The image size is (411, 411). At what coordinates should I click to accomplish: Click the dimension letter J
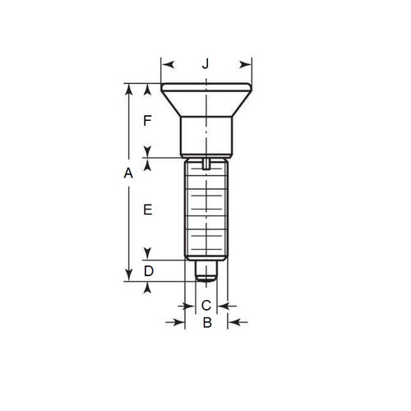(x=206, y=63)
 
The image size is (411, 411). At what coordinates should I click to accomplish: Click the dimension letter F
(x=148, y=121)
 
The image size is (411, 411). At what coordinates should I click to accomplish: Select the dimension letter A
(x=127, y=173)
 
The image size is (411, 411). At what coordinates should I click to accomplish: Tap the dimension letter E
(x=148, y=210)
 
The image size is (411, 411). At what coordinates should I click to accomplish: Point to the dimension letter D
(x=148, y=270)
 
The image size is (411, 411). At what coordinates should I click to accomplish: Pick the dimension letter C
(x=206, y=305)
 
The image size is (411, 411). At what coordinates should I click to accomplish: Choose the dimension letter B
(x=207, y=324)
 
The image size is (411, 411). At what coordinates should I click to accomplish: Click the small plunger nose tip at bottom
(x=206, y=271)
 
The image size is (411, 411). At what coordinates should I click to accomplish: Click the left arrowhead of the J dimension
(x=166, y=63)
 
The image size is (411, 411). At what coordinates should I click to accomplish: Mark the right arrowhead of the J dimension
(x=246, y=63)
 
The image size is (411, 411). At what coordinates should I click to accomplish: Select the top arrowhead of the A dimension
(x=128, y=88)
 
